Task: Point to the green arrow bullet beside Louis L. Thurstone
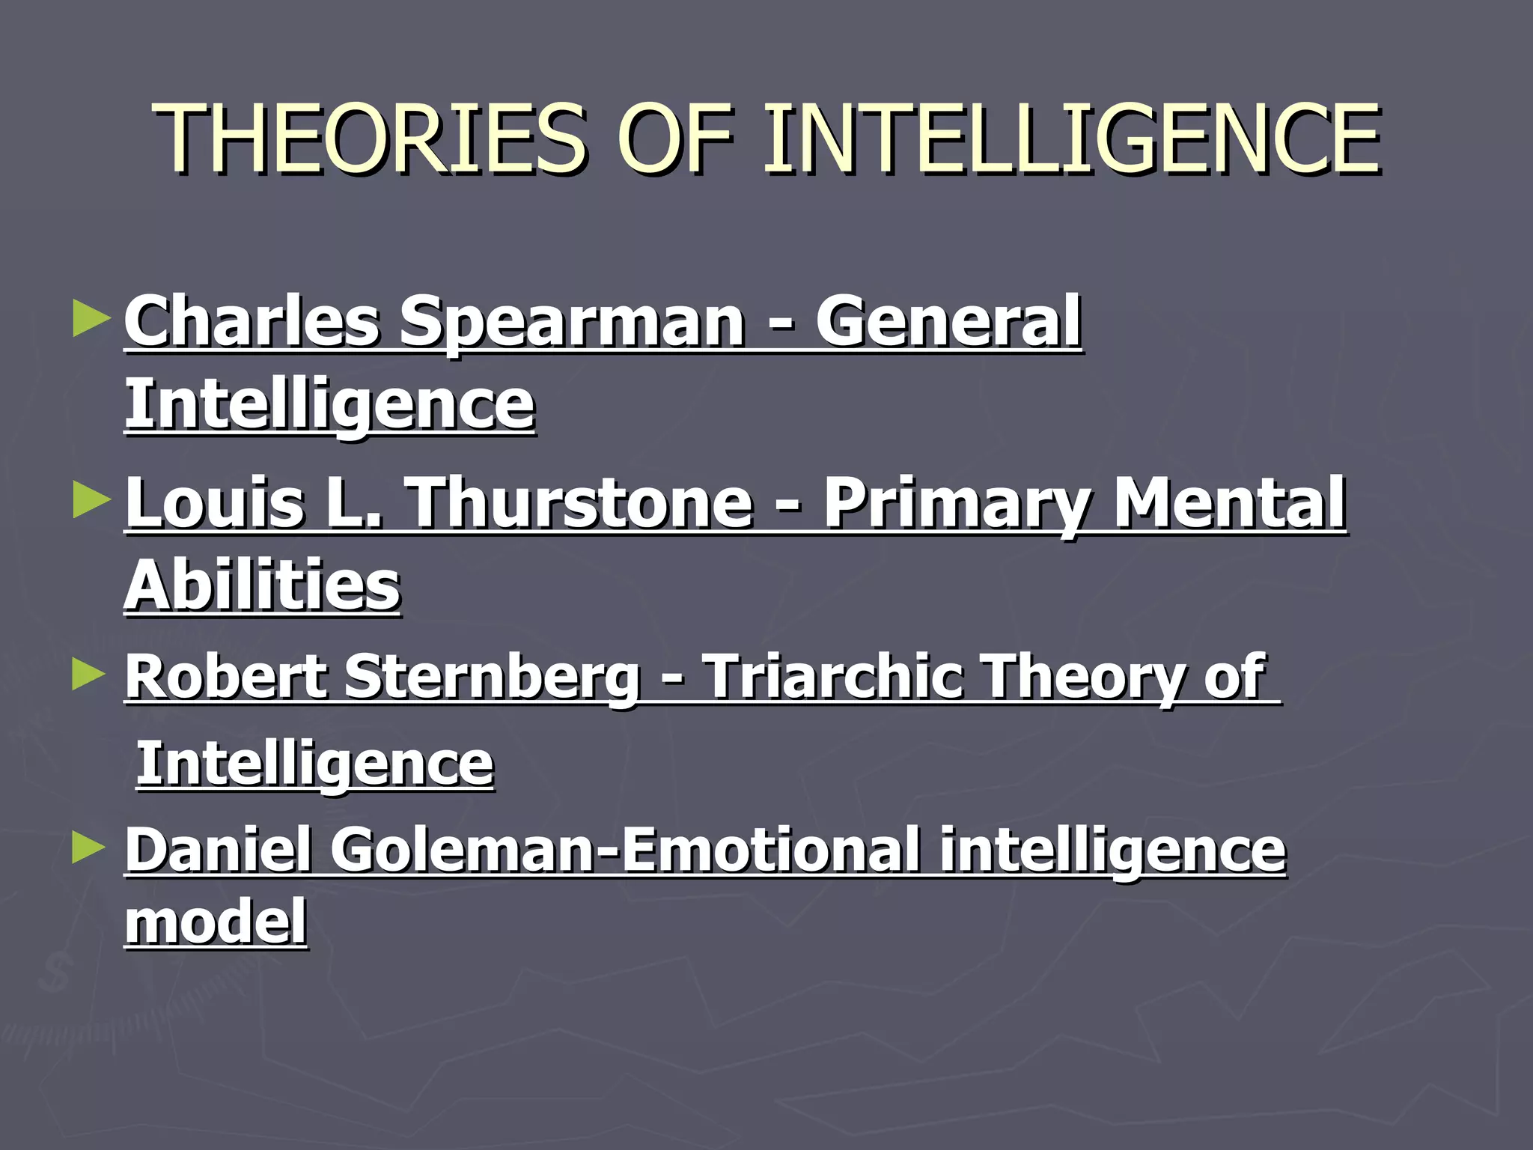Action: pyautogui.click(x=91, y=499)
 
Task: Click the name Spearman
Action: pyautogui.click(x=572, y=322)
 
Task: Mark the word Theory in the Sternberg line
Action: pyautogui.click(x=1084, y=677)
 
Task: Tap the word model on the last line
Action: pyautogui.click(x=216, y=921)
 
